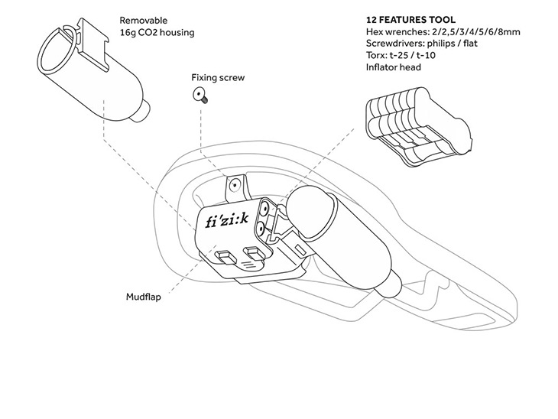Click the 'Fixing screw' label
click(x=219, y=78)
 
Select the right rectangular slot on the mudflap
click(x=253, y=253)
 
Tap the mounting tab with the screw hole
click(x=235, y=186)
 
